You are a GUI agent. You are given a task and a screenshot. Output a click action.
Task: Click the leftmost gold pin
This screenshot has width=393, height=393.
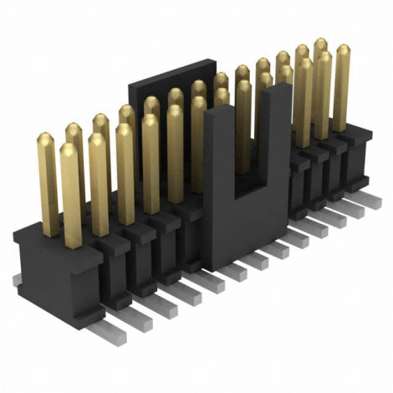[x=47, y=180]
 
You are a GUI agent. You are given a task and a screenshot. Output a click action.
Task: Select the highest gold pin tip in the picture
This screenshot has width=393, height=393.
[x=320, y=43]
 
